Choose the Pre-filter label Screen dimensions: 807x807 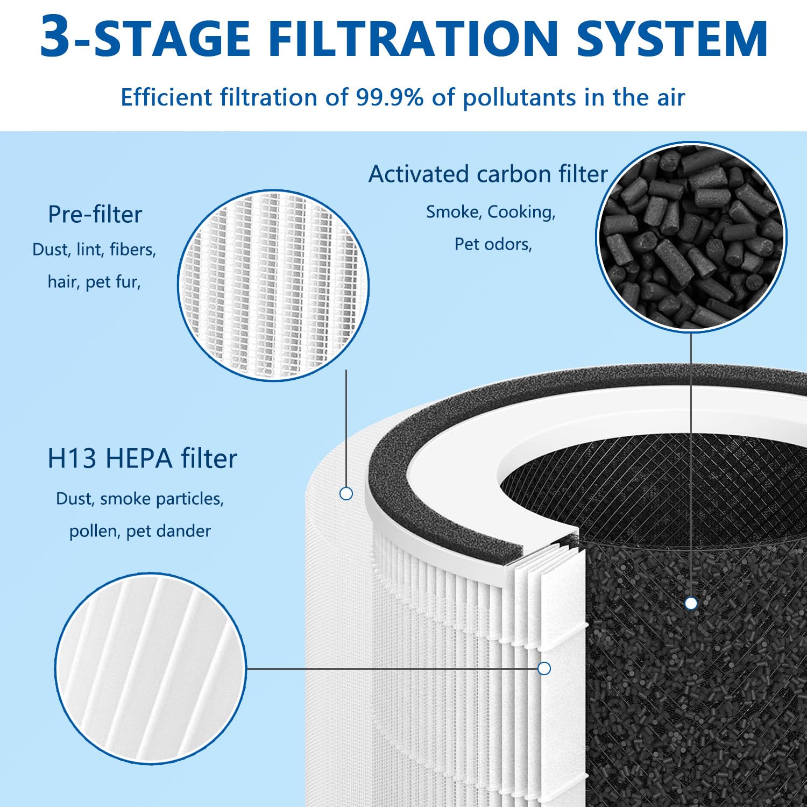(x=95, y=214)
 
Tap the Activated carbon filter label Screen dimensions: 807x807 (x=488, y=174)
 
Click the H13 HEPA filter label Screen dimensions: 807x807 (x=142, y=458)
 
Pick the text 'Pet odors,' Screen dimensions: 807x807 (x=493, y=244)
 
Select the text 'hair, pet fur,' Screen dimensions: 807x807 (x=94, y=282)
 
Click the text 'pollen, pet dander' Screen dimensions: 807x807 (x=140, y=531)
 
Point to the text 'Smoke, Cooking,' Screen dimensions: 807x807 (x=491, y=212)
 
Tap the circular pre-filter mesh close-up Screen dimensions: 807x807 (x=273, y=285)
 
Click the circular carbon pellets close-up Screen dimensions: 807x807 (x=691, y=237)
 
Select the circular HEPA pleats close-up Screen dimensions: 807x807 (x=151, y=668)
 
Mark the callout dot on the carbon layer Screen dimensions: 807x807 (x=691, y=604)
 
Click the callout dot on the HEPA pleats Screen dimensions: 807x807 (x=544, y=668)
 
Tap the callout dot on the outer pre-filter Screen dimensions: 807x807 (x=346, y=493)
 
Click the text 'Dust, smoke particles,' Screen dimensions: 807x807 (x=140, y=499)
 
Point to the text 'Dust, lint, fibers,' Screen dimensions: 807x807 (x=94, y=250)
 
